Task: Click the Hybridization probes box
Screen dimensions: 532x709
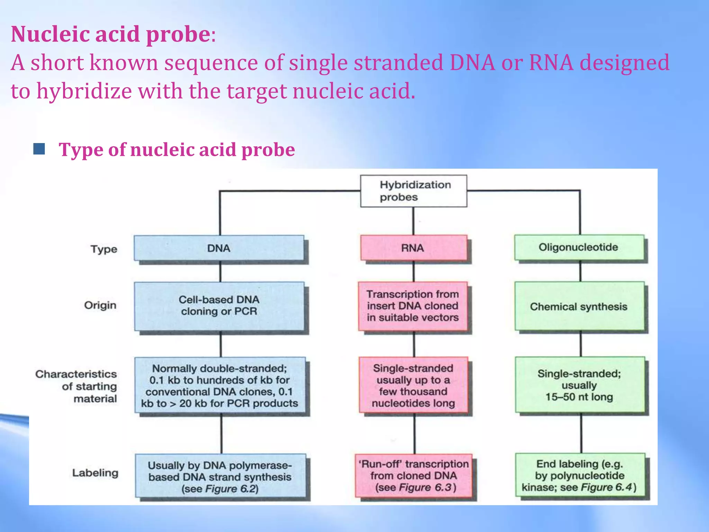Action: pyautogui.click(x=413, y=191)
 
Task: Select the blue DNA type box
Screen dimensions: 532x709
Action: pyautogui.click(x=219, y=248)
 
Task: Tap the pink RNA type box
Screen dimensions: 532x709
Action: pyautogui.click(x=413, y=248)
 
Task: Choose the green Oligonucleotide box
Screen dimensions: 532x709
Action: pyautogui.click(x=579, y=247)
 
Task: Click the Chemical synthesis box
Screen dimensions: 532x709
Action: pyautogui.click(x=579, y=306)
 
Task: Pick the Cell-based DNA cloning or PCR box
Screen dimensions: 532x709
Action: pyautogui.click(x=219, y=305)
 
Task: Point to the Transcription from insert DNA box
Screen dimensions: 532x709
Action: pyautogui.click(x=413, y=306)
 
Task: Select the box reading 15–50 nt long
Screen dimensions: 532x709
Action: pyautogui.click(x=580, y=385)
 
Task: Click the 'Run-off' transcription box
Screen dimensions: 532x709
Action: pyautogui.click(x=414, y=476)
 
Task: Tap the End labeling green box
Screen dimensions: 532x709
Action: pyautogui.click(x=580, y=476)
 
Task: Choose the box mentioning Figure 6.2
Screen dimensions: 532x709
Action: pyautogui.click(x=220, y=477)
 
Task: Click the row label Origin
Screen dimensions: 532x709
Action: pyautogui.click(x=100, y=305)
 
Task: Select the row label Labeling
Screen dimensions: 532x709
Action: pyautogui.click(x=95, y=473)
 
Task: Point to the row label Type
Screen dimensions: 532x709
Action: pyautogui.click(x=104, y=249)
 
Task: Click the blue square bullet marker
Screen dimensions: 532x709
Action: pyautogui.click(x=39, y=149)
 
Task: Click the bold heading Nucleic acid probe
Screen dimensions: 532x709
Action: pyautogui.click(x=110, y=34)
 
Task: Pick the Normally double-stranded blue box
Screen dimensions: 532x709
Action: pyautogui.click(x=220, y=385)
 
